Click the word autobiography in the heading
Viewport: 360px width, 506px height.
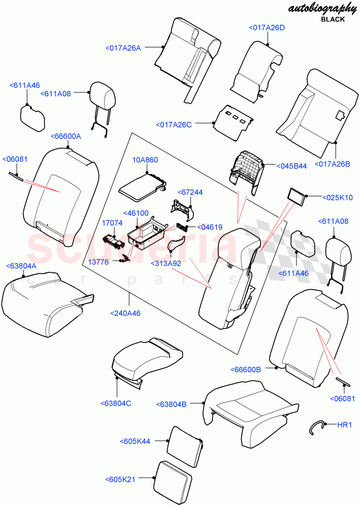316,8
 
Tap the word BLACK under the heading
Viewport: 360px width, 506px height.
333,19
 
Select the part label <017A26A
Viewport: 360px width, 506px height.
123,48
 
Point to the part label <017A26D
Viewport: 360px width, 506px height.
266,28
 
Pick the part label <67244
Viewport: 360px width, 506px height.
189,192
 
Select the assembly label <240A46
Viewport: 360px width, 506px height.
125,313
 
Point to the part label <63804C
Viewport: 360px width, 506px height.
116,403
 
